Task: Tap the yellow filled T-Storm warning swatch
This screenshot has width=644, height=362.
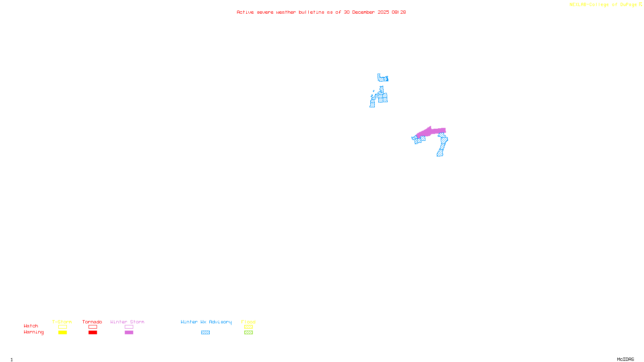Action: pos(62,333)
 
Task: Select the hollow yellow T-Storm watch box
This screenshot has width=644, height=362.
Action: pos(62,327)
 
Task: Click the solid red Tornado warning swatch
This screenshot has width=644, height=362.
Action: pos(93,333)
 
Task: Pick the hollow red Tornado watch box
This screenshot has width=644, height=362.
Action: pos(93,327)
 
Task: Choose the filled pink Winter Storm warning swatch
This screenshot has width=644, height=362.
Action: pos(129,333)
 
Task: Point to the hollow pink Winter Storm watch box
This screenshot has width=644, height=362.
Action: pos(129,327)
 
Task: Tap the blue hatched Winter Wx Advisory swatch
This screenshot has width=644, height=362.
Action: pos(205,333)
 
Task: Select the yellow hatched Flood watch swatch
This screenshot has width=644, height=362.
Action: pos(248,327)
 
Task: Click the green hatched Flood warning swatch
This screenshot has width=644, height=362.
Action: pos(248,333)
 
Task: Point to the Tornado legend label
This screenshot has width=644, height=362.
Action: pos(92,322)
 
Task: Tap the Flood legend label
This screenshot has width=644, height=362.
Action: pos(248,322)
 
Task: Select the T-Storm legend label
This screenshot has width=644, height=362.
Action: pos(62,322)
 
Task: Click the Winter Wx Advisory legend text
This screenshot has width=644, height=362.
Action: pos(206,322)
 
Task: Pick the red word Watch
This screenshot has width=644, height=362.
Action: pos(31,326)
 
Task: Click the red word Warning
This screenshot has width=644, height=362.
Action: pos(33,332)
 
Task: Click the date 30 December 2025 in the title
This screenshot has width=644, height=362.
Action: pos(366,12)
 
